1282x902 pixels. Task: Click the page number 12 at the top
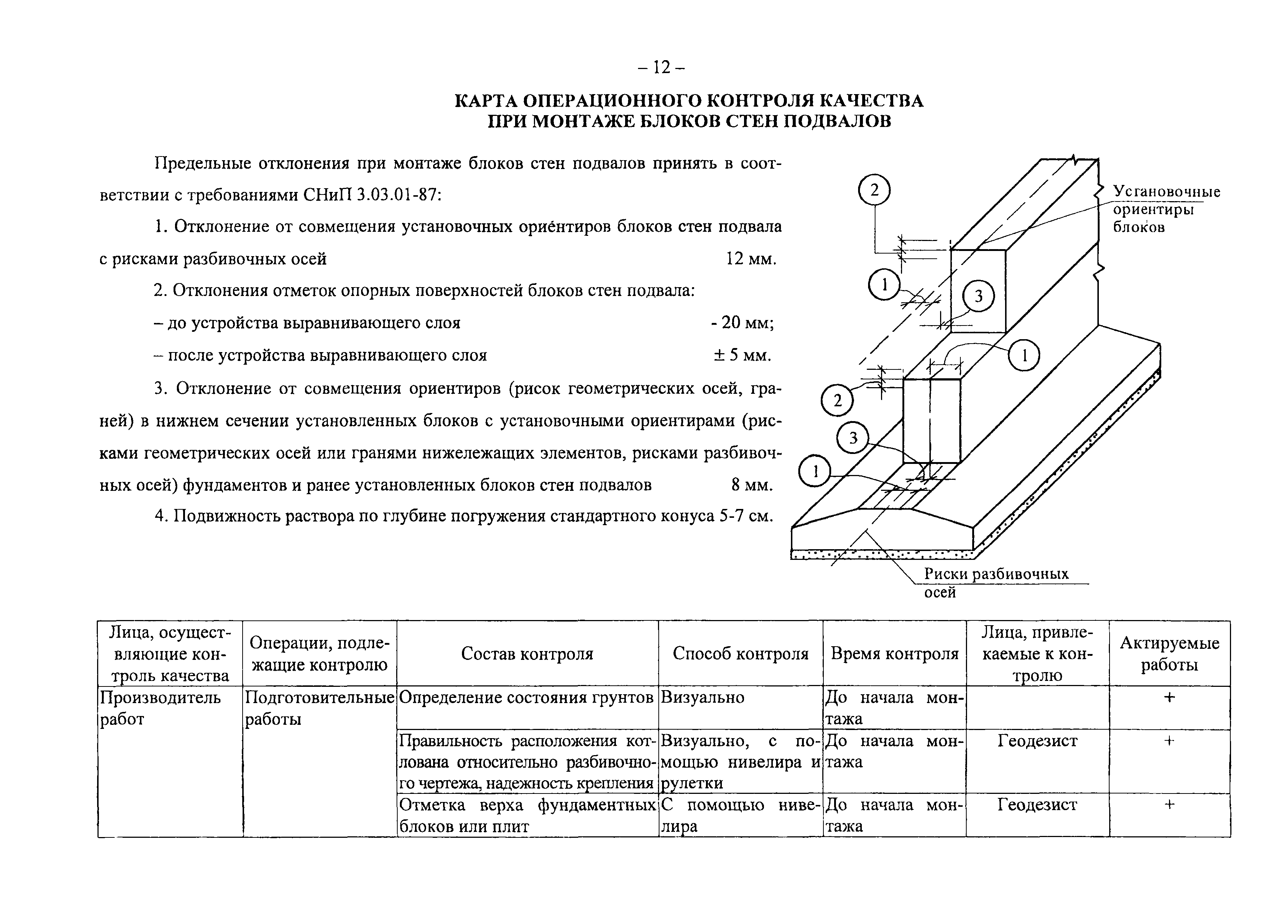[x=662, y=68]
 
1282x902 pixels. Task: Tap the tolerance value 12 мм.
[x=751, y=259]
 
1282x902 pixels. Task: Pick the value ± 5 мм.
[x=743, y=355]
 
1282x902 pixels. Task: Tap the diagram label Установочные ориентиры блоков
[x=1166, y=209]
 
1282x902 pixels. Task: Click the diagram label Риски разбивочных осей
[x=995, y=582]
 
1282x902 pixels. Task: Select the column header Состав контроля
[x=527, y=654]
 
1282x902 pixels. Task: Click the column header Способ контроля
[x=740, y=654]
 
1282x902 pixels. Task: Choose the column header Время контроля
[x=895, y=654]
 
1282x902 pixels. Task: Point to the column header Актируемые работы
[x=1169, y=654]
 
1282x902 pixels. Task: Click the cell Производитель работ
[x=160, y=708]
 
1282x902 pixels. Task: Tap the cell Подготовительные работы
[x=319, y=708]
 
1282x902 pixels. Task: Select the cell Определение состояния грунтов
[x=527, y=698]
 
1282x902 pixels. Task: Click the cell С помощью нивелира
[x=740, y=815]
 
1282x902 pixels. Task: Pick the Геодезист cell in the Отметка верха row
[x=1038, y=805]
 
